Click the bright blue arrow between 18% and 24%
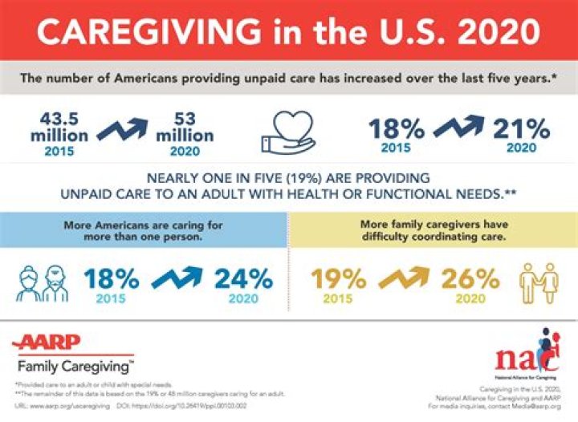(177, 278)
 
